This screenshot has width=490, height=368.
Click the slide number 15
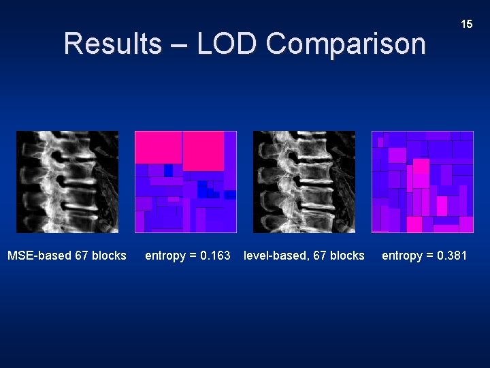coord(466,24)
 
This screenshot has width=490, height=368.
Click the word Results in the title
coord(112,44)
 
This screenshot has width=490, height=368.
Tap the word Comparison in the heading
coord(346,44)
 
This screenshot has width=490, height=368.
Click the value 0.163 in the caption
coord(213,256)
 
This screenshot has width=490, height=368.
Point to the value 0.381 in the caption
coord(450,256)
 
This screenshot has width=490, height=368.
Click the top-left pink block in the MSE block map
coord(158,147)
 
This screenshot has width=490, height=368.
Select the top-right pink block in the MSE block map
coord(203,151)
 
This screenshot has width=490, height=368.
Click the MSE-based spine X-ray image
coord(67,182)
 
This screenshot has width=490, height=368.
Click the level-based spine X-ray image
coord(304,182)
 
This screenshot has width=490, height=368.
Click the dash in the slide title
coord(180,45)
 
